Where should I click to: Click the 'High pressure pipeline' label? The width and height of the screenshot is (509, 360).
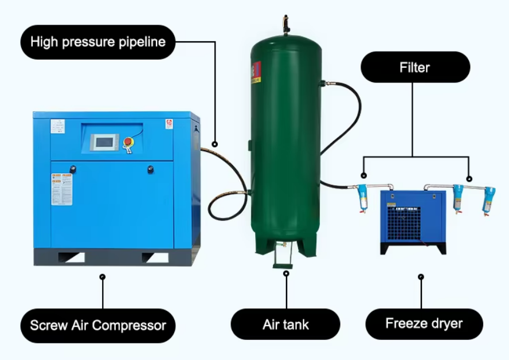click(97, 42)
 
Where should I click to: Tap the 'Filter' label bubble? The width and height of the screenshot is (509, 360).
click(414, 68)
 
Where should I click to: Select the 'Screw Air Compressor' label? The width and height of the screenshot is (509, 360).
click(98, 326)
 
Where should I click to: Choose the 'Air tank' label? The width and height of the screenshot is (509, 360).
click(285, 324)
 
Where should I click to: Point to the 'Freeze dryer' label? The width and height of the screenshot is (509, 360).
click(424, 323)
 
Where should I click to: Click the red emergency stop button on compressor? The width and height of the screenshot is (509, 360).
click(128, 142)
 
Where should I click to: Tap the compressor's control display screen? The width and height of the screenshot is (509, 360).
click(104, 142)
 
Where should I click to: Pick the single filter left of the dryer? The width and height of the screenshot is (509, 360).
click(363, 198)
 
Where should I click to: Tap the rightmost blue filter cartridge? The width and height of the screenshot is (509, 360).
click(488, 199)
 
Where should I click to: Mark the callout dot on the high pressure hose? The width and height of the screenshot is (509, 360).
click(215, 144)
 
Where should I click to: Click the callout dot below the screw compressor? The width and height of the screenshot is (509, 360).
click(103, 277)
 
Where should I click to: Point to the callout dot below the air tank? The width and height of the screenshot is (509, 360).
click(286, 273)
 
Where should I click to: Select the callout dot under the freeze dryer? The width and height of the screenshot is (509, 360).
click(421, 277)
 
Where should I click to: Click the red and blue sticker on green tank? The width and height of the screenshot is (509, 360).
click(256, 73)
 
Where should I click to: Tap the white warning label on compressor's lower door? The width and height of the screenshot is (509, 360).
click(58, 189)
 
